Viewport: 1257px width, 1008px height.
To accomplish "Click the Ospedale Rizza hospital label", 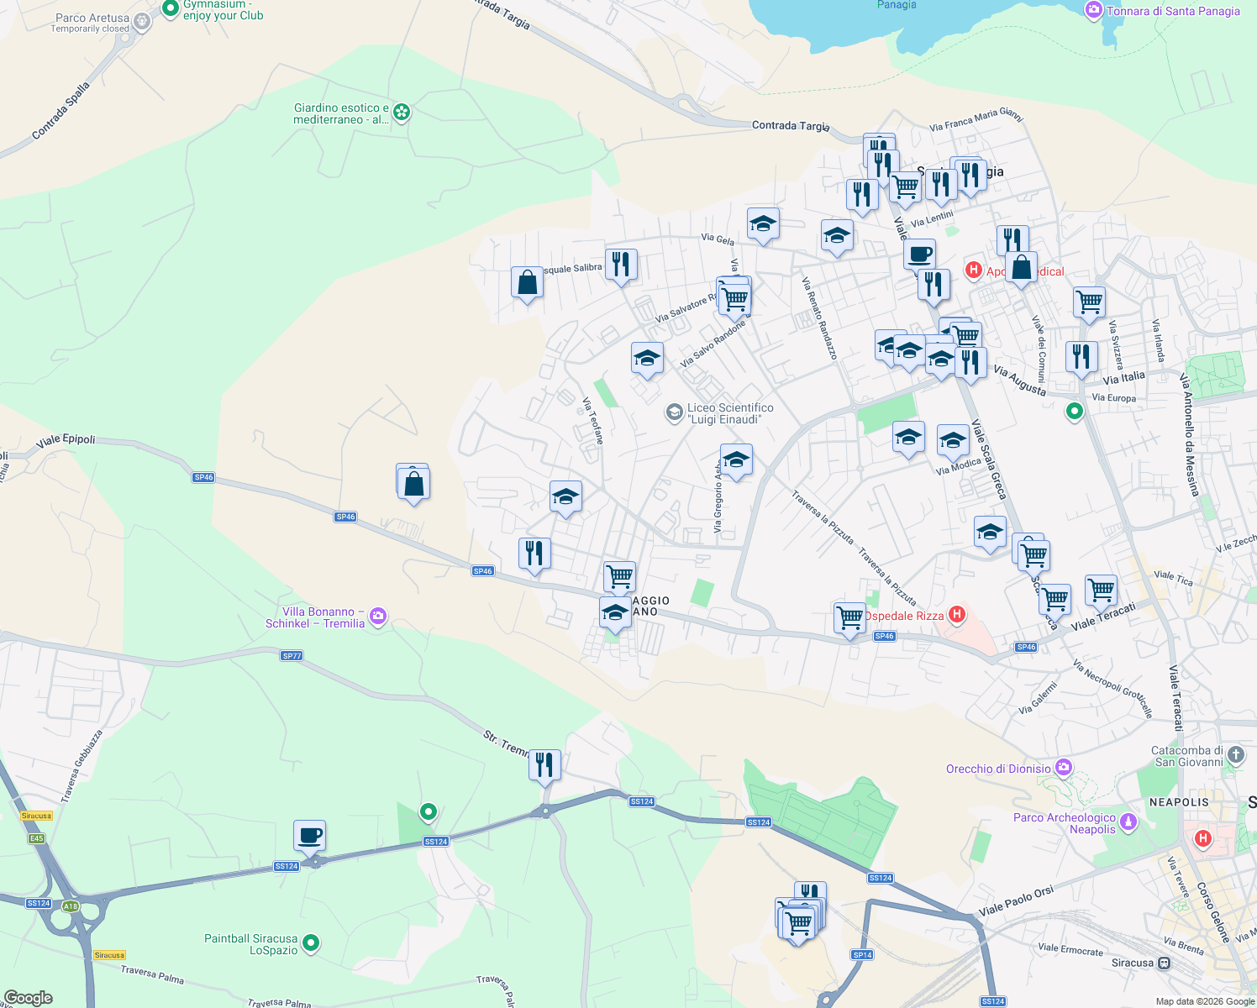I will point(904,616).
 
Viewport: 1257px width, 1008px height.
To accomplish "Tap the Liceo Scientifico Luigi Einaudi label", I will point(729,413).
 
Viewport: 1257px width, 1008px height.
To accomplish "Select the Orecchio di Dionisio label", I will point(998,769).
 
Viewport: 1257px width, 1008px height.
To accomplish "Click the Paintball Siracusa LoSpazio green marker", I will point(311,943).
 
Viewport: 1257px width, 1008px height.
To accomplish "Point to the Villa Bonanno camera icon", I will point(378,617).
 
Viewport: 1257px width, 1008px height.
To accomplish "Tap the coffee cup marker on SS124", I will point(309,836).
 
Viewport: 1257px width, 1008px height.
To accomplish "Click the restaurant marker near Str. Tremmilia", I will point(544,765).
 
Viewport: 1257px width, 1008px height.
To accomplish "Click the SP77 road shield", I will point(292,656).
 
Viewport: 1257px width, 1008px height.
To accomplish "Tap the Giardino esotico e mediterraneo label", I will point(341,113).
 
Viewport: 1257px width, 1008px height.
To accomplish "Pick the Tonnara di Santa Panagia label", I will point(1173,11).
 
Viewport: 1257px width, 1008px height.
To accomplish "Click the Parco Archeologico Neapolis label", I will point(1065,823).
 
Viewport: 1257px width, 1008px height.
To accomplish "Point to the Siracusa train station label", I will point(1132,963).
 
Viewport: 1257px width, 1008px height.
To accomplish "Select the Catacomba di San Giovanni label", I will point(1187,756).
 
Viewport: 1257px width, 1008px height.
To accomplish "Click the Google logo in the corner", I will point(28,997).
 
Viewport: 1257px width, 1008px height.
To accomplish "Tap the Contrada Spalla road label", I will point(60,111).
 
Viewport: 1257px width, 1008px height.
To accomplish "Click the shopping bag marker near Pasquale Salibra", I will point(527,283).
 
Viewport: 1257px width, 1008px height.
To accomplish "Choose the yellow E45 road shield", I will point(36,838).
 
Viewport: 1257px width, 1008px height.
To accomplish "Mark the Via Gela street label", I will point(718,239).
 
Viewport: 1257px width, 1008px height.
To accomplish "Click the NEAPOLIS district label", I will point(1179,802).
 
